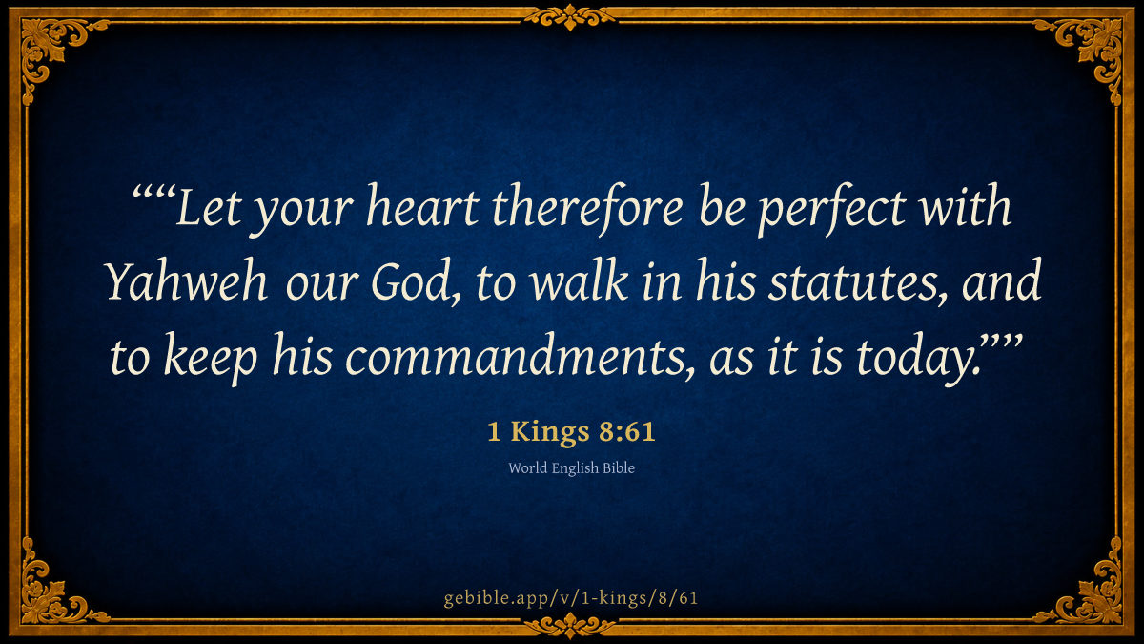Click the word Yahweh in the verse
coord(187,281)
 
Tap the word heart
coord(423,206)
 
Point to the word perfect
coord(831,210)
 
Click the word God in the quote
coord(409,282)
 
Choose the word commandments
coord(520,356)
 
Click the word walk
coord(580,280)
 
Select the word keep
coord(211,358)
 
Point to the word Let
coord(208,207)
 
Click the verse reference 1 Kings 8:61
coord(571,431)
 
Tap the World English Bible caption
coord(571,468)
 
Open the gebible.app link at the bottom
coord(571,598)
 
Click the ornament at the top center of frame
coord(570,17)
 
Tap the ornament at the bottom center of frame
coord(570,625)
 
